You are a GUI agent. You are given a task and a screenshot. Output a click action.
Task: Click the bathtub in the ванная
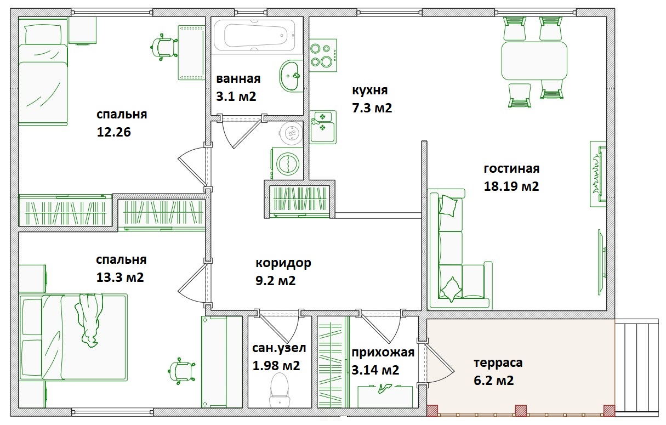coord(254,36)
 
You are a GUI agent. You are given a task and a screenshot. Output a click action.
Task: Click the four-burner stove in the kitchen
coord(323,55)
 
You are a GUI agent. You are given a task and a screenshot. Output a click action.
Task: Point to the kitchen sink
coord(323,127)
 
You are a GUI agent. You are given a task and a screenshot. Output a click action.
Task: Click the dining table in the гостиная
coord(534,61)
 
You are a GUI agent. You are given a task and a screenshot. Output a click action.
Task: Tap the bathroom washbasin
coord(291,76)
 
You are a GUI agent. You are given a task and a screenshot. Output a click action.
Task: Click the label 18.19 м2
coord(511,186)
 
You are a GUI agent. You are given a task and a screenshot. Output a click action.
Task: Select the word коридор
coord(283,263)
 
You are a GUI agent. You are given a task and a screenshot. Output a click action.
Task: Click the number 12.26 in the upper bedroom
coord(113,132)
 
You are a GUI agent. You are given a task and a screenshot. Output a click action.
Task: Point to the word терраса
coord(498,363)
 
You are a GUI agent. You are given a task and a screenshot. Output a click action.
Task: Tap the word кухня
coord(370,90)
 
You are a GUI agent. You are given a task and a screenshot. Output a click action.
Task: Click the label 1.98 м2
coord(276,366)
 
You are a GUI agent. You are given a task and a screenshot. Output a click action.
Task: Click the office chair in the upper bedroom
coord(164,47)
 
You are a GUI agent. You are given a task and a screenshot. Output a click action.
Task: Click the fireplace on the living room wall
coord(598,174)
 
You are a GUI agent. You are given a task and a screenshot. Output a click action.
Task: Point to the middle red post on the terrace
coord(521,410)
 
